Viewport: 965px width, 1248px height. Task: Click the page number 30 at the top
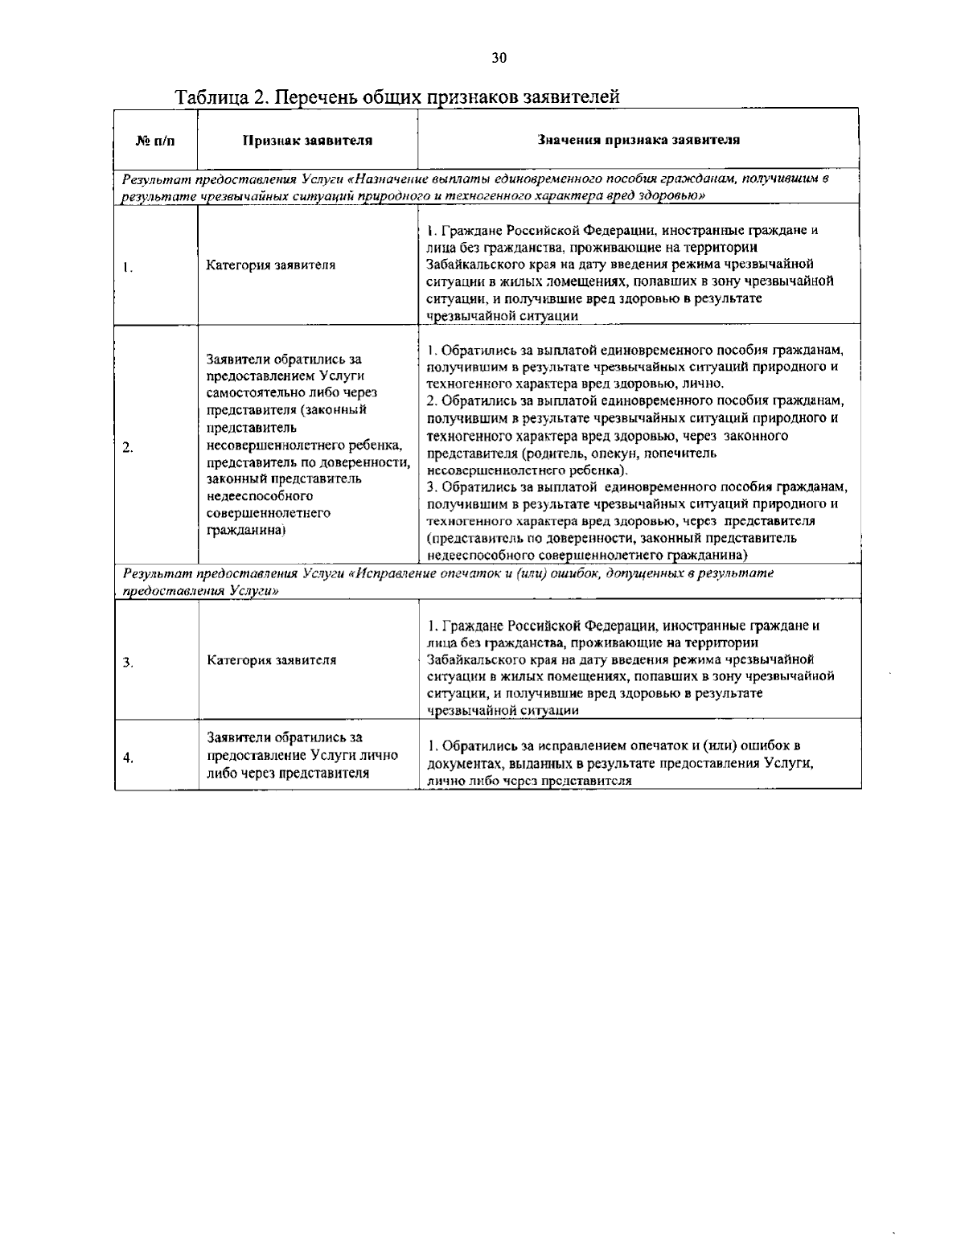click(x=499, y=57)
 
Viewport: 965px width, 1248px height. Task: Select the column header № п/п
click(x=155, y=141)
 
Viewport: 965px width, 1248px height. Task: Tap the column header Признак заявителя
click(x=307, y=141)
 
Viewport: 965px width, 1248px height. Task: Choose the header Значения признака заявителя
click(x=639, y=140)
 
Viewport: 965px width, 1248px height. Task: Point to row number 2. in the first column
click(x=128, y=448)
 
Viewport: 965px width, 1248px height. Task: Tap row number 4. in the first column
click(x=128, y=757)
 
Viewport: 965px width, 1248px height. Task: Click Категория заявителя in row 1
click(x=271, y=265)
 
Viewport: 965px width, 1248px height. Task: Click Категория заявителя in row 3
click(x=271, y=660)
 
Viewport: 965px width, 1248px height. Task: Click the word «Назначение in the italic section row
click(x=389, y=178)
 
